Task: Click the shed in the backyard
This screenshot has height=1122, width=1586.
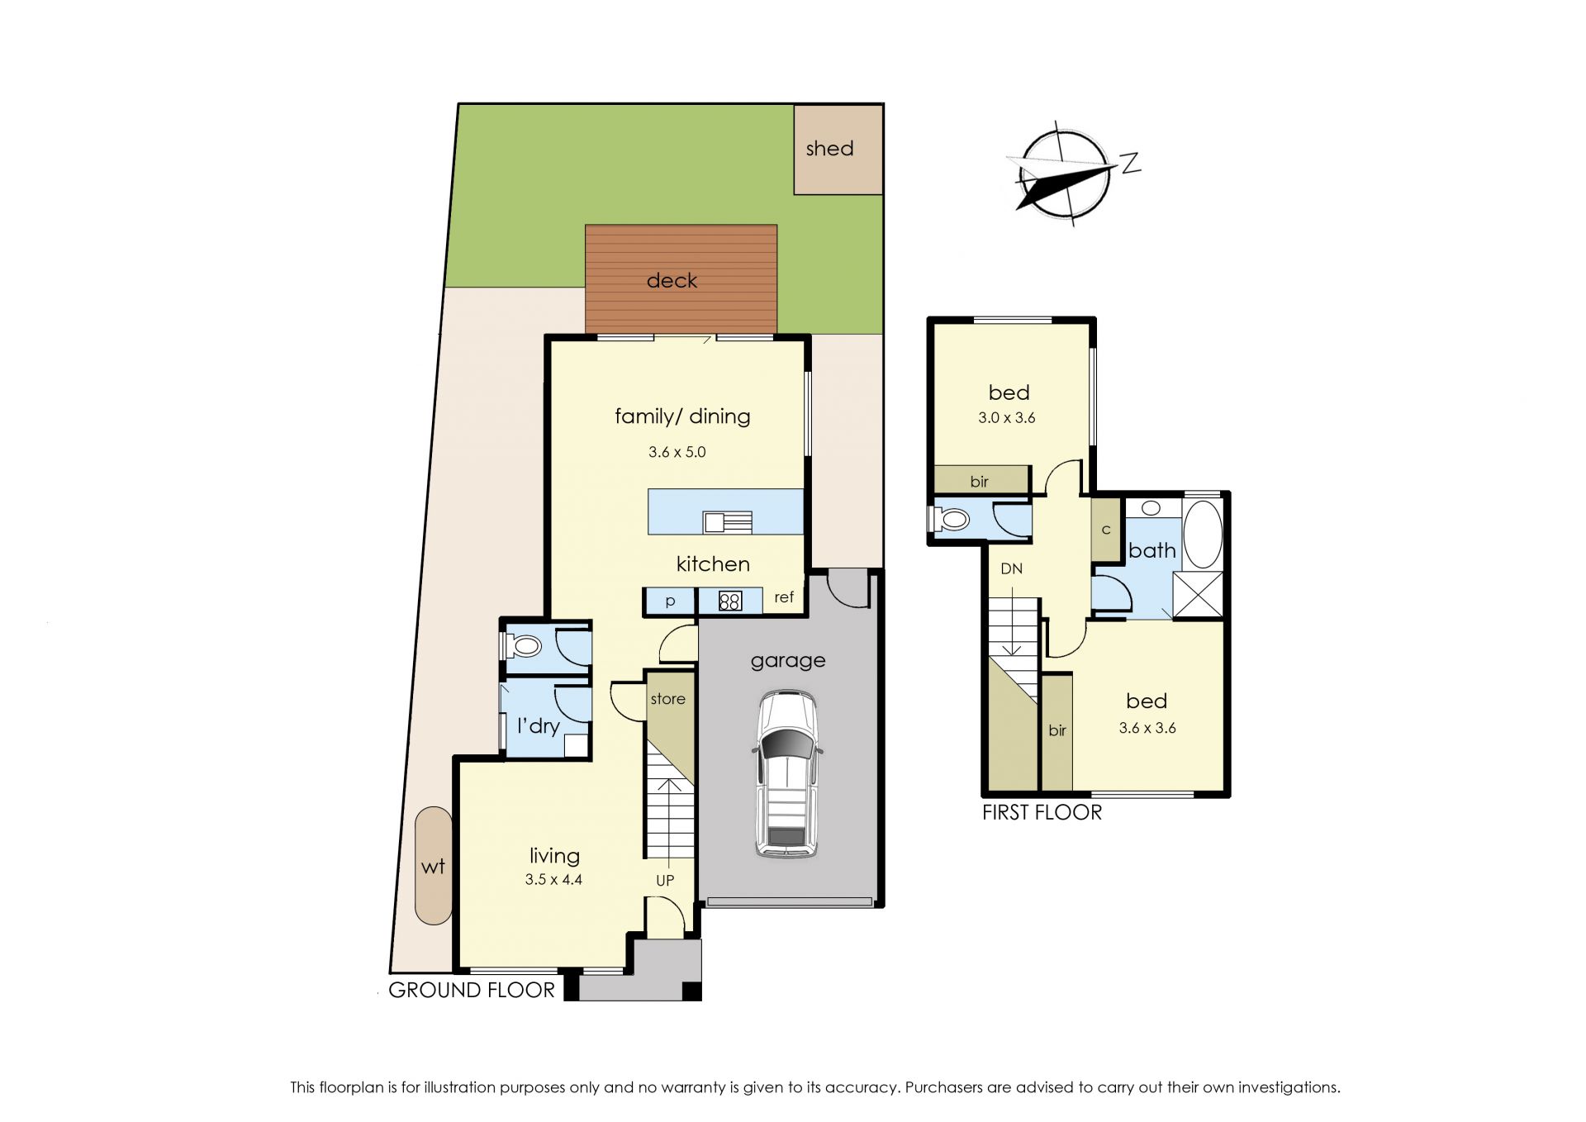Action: pyautogui.click(x=838, y=150)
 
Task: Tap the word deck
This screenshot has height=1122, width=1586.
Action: pyautogui.click(x=672, y=281)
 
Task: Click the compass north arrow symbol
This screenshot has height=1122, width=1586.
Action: pyautogui.click(x=1066, y=175)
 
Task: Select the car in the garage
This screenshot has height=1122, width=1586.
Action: pyautogui.click(x=787, y=774)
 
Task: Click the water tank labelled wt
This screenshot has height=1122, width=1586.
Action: pyautogui.click(x=434, y=865)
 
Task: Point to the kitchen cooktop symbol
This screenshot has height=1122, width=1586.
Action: pyautogui.click(x=729, y=601)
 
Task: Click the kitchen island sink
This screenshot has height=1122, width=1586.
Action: pyautogui.click(x=727, y=522)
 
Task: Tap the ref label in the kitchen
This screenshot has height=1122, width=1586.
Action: pyautogui.click(x=784, y=597)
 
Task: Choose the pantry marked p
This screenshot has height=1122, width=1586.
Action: pyautogui.click(x=670, y=601)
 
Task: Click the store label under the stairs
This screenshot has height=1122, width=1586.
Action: pyautogui.click(x=667, y=699)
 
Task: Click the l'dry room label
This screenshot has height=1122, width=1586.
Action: pyautogui.click(x=539, y=725)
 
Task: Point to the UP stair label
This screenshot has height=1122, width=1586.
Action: pyautogui.click(x=665, y=881)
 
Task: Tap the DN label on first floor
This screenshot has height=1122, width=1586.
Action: pyautogui.click(x=1011, y=568)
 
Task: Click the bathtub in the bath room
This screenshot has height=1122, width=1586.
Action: pyautogui.click(x=1203, y=534)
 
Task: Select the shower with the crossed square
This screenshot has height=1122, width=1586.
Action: pyautogui.click(x=1198, y=594)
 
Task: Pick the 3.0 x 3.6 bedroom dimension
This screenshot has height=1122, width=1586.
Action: pyautogui.click(x=1006, y=418)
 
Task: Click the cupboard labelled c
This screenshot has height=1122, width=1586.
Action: pyautogui.click(x=1106, y=530)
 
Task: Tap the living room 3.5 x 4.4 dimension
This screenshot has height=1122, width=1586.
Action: pyautogui.click(x=553, y=880)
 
